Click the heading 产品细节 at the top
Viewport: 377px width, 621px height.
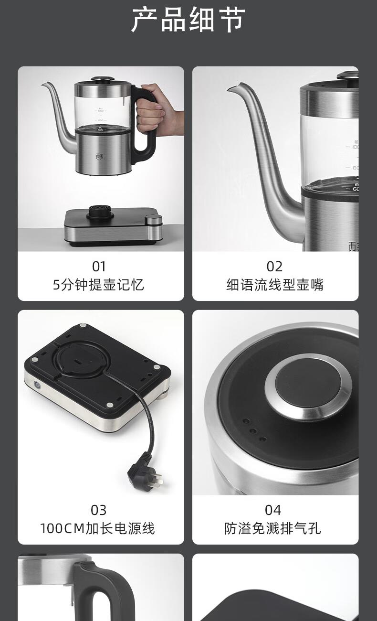coord(188,20)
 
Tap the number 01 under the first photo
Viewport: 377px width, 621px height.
coord(99,267)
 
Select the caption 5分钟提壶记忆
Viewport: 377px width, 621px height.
coord(98,285)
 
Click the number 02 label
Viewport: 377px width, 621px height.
coord(274,267)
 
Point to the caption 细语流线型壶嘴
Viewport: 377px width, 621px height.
coord(275,285)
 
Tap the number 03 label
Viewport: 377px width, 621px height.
coord(99,510)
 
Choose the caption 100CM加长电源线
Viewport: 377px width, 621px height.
coord(97,528)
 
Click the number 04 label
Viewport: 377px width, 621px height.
coord(273,510)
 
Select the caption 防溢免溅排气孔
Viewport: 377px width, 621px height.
coord(272,528)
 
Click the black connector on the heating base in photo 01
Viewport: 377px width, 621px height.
coord(100,212)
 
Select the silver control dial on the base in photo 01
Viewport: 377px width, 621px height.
coord(154,220)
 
